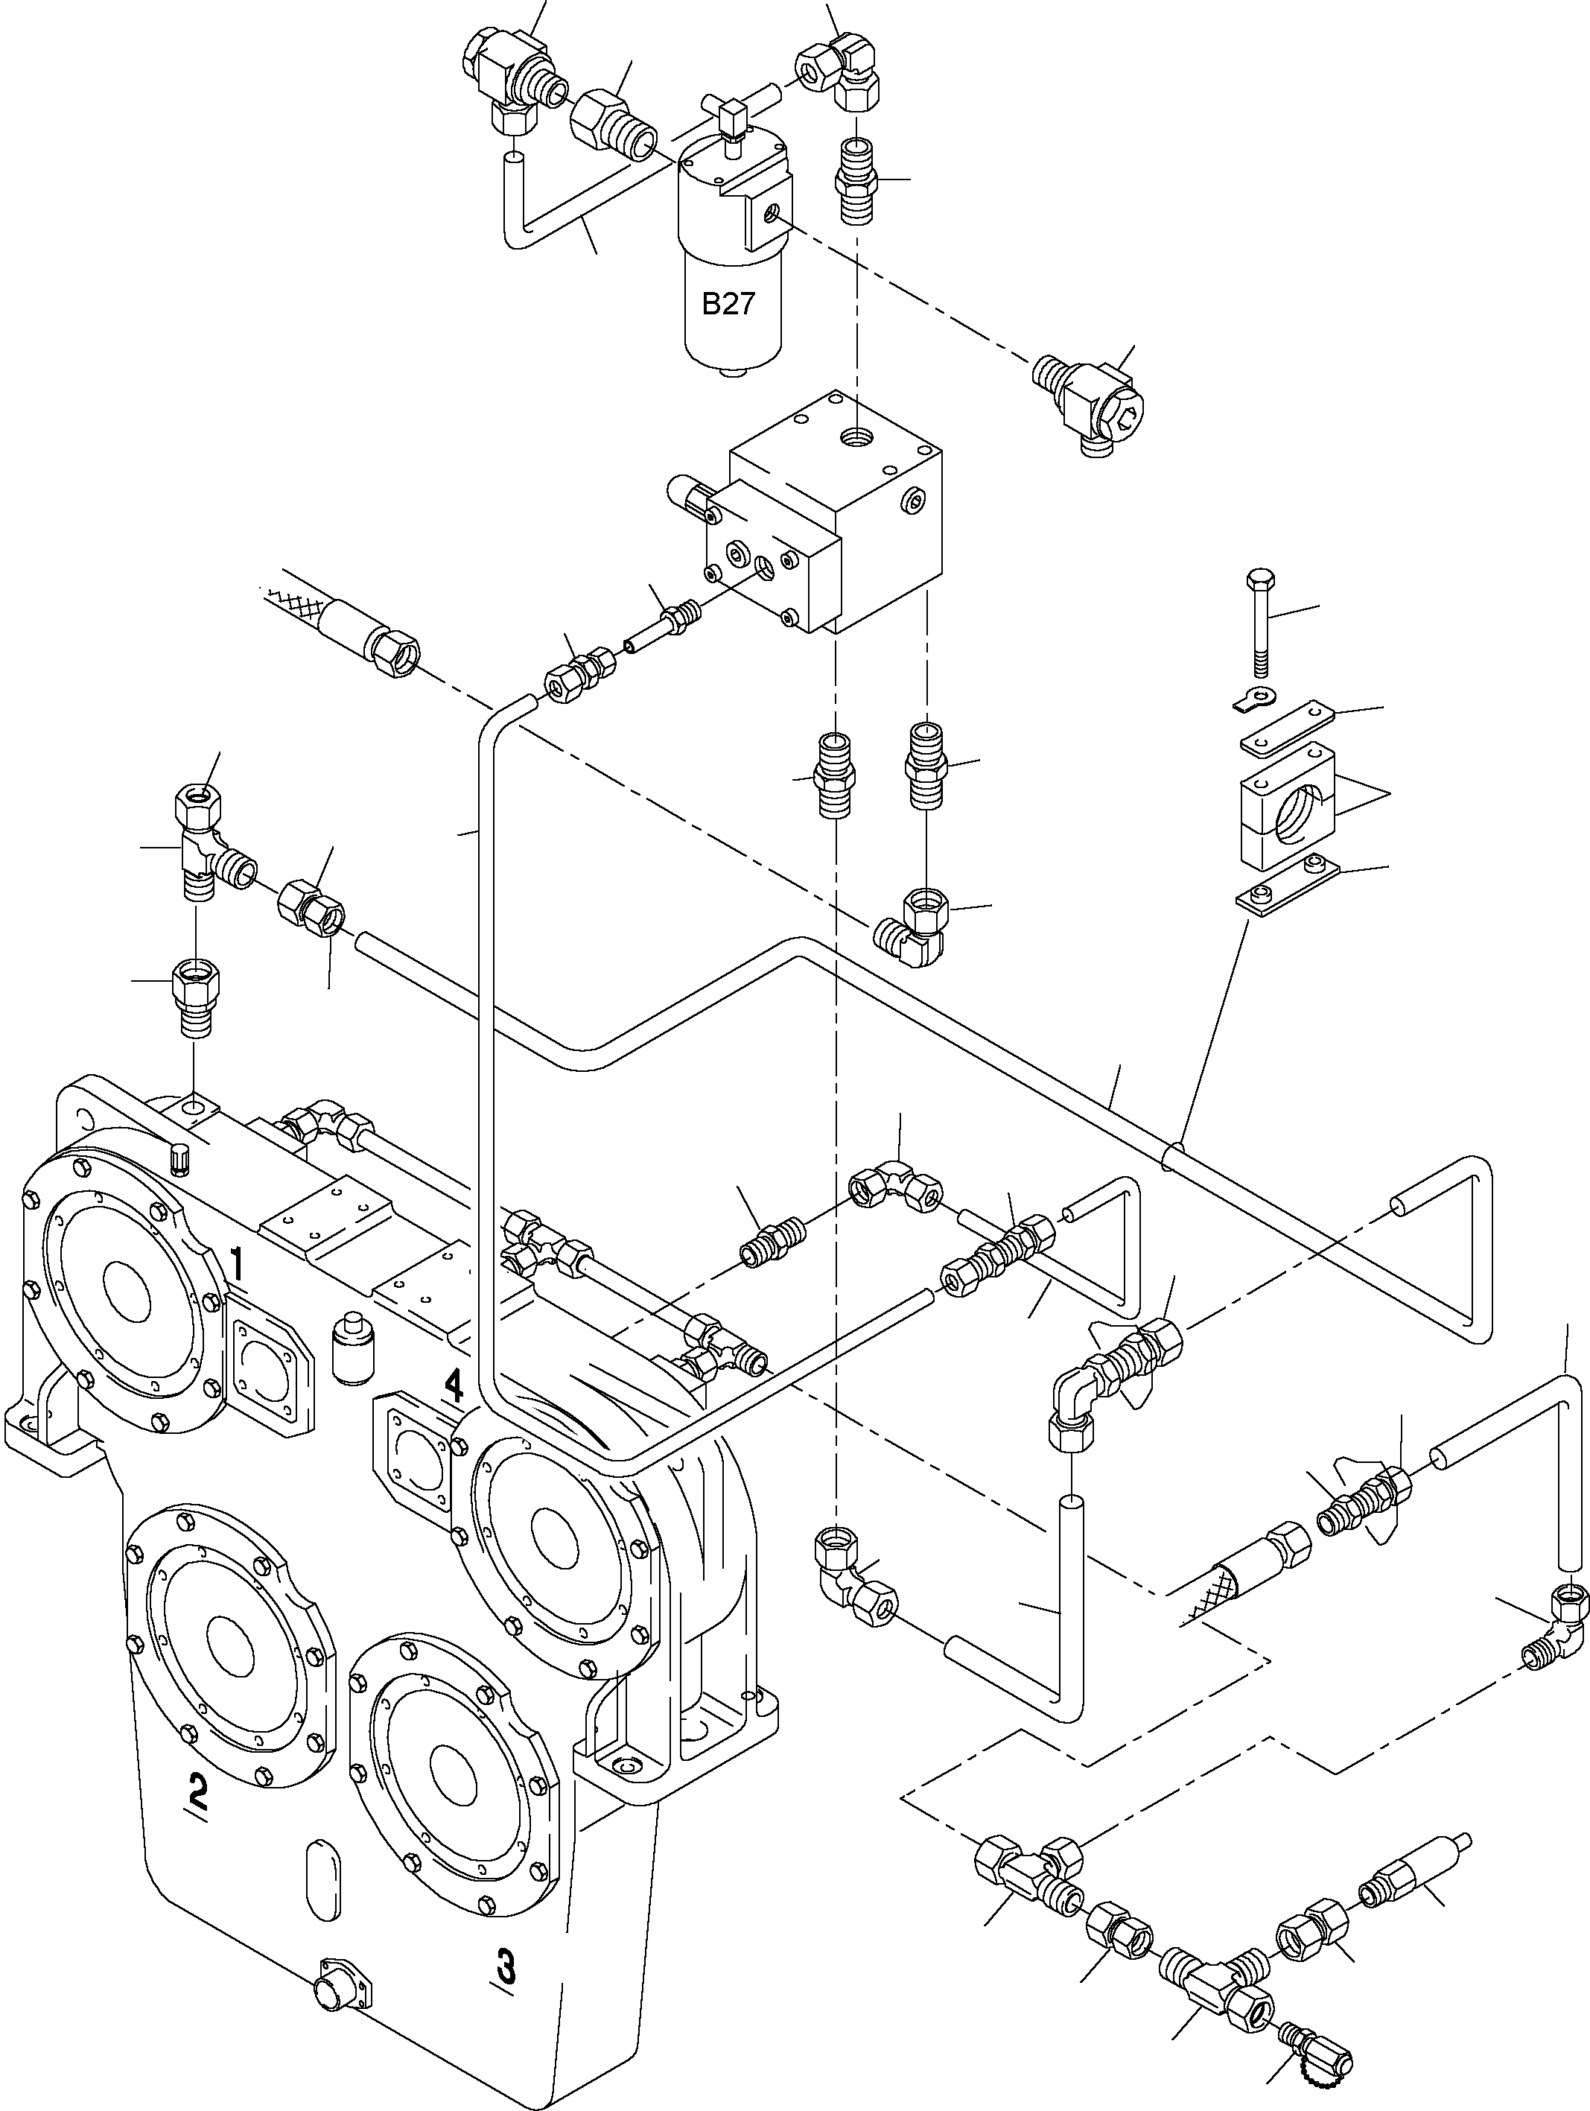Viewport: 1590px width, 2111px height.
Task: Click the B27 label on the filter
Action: click(x=728, y=303)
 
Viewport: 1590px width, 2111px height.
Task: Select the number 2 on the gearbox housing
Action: click(x=197, y=1791)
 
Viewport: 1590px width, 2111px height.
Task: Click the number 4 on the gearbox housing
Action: click(x=454, y=1385)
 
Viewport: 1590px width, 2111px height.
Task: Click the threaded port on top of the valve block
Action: click(x=855, y=438)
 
